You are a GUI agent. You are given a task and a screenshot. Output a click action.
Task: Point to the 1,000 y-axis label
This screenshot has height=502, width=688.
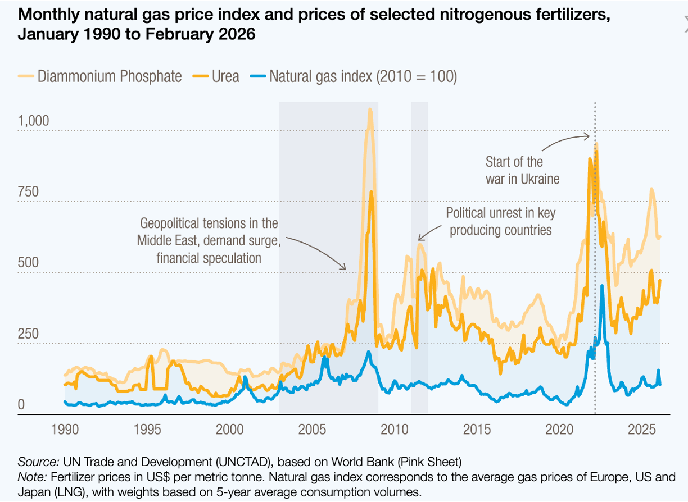33,121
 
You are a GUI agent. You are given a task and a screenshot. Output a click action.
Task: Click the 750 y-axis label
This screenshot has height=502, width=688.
28,192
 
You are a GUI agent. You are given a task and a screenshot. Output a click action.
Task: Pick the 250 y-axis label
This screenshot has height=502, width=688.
28,334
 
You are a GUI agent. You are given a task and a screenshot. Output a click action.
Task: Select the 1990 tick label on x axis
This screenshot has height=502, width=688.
66,430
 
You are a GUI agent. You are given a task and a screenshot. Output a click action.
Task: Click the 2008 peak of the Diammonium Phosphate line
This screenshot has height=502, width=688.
370,110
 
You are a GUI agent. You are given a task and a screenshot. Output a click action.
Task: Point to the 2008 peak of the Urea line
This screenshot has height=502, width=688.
372,192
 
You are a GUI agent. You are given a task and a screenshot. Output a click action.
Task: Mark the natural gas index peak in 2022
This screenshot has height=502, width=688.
602,286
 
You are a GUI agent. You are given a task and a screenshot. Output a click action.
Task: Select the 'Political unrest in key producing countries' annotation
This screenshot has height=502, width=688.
500,221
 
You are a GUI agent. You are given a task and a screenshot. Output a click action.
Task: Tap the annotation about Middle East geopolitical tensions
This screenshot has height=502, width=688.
209,240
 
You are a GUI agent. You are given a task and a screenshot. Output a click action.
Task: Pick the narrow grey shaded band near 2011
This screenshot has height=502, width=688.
419,253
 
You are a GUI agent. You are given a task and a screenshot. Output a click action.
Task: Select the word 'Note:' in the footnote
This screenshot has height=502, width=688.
33,477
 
